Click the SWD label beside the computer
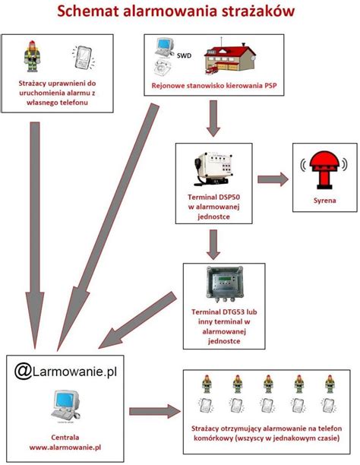coord(184,56)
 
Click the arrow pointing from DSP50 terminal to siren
coord(274,179)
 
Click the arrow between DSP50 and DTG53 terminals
coord(213,243)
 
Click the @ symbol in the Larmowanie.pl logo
coord(23,371)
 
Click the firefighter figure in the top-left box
coord(32,56)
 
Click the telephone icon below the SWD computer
coord(162,67)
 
